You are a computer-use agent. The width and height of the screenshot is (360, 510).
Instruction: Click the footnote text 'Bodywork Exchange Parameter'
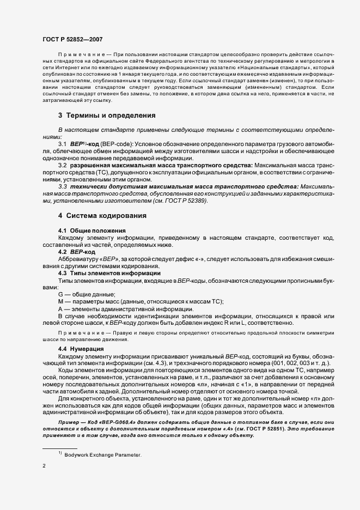tap(102, 454)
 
